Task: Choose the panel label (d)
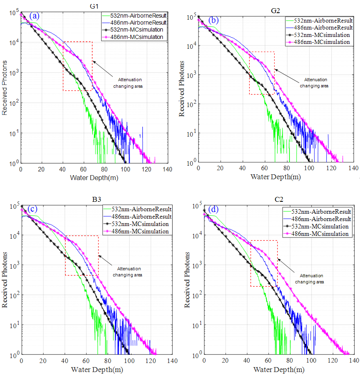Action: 214,209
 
